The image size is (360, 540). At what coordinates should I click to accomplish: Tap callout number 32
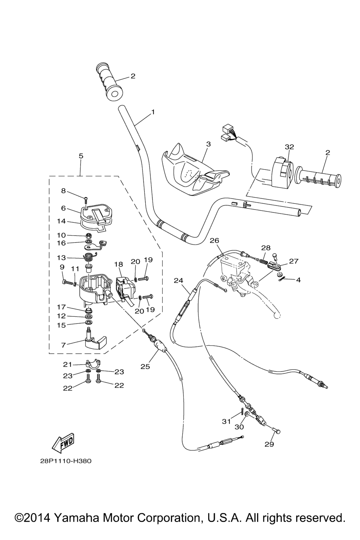[x=289, y=147]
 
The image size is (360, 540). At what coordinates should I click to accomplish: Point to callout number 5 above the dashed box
[x=81, y=156]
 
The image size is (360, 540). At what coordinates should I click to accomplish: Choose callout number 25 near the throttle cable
[x=145, y=366]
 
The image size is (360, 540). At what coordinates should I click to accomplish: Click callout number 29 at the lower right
[x=269, y=444]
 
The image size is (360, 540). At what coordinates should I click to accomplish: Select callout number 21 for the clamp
[x=67, y=364]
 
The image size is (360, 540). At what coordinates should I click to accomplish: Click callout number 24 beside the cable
[x=179, y=281]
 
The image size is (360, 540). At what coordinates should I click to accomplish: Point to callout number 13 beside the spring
[x=61, y=258]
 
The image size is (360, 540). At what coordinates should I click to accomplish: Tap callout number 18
[x=118, y=264]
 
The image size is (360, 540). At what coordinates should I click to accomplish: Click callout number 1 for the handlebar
[x=153, y=112]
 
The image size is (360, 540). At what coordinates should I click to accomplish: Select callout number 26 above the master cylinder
[x=214, y=240]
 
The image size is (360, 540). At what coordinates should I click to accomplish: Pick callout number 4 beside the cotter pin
[x=298, y=280]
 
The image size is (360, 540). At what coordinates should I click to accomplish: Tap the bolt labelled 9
[x=65, y=282]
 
